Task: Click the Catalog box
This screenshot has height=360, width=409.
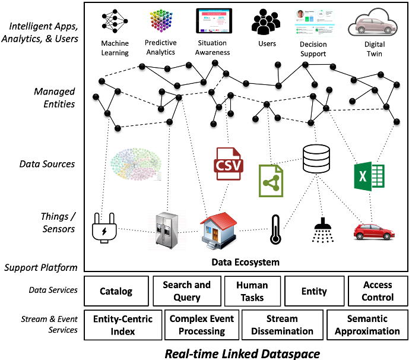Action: [x=116, y=291]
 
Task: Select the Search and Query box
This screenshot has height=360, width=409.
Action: [x=186, y=291]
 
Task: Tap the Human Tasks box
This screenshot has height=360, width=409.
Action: [x=252, y=291]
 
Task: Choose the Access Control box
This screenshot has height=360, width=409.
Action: [x=378, y=291]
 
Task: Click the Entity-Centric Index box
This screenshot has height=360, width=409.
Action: [x=123, y=325]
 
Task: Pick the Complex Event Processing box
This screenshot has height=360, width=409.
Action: [x=202, y=325]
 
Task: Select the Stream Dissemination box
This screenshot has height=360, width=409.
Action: [x=281, y=325]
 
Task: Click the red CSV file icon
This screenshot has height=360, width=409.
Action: [x=229, y=163]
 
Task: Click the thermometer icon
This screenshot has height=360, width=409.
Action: [x=274, y=230]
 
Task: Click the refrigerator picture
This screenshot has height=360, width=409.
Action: [x=167, y=229]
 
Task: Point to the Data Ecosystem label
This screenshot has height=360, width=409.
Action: [x=246, y=262]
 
